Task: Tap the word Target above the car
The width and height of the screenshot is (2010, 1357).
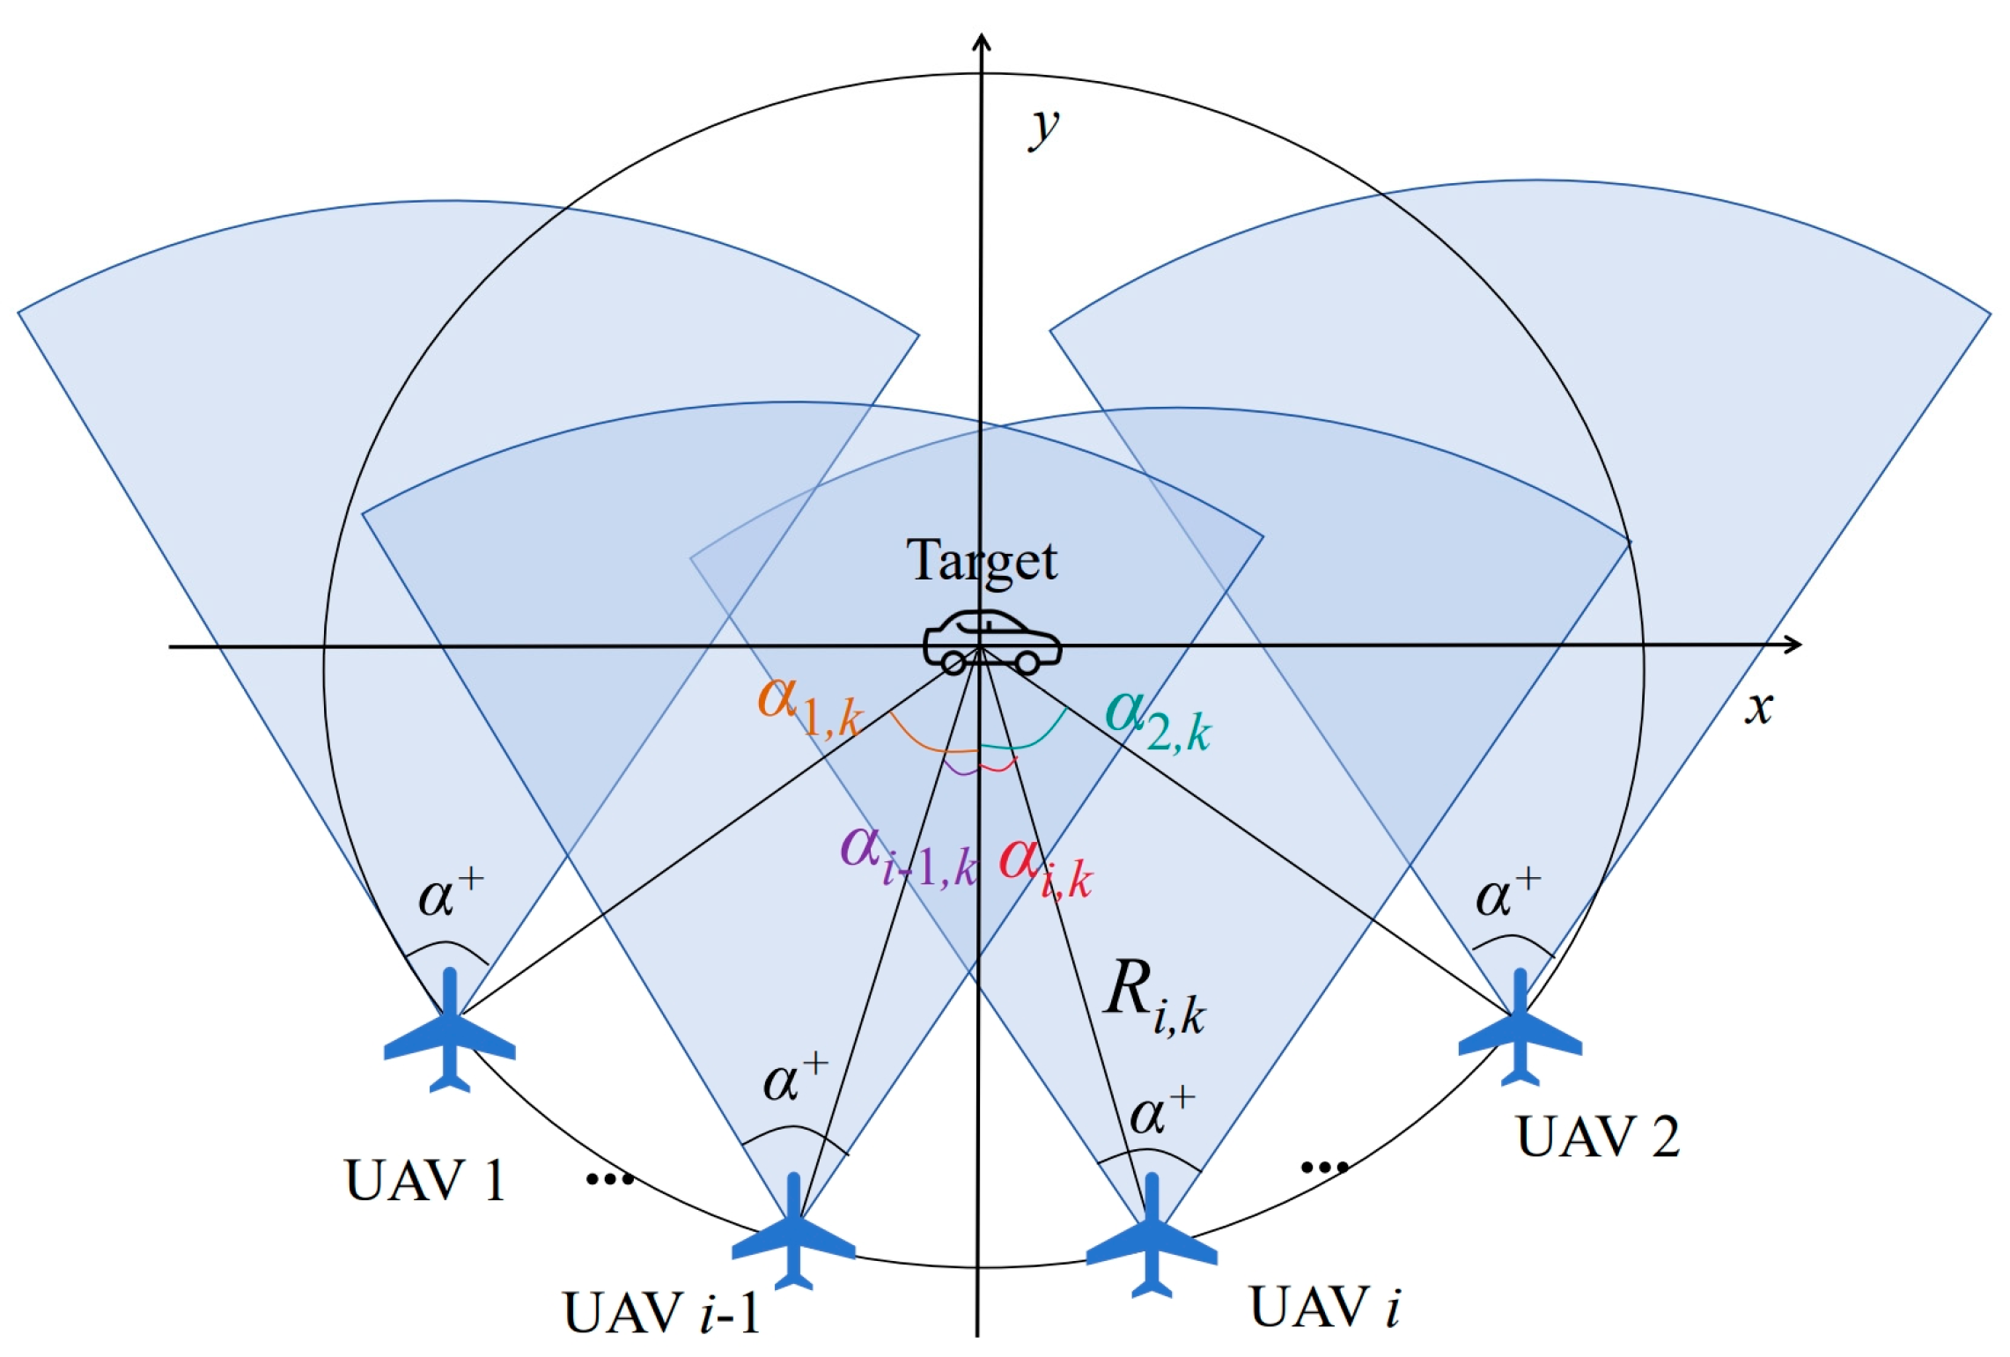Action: point(982,561)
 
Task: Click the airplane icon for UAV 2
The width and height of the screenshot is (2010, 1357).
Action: point(1520,1028)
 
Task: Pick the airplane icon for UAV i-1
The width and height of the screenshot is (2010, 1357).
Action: point(793,1232)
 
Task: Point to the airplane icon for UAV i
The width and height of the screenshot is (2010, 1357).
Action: point(1152,1236)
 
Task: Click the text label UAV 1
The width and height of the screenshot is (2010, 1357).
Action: point(425,1181)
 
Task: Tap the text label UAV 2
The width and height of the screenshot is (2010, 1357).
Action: point(1598,1137)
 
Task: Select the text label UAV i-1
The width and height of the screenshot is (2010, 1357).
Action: point(661,1314)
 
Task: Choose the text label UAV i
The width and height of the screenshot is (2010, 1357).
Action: point(1324,1307)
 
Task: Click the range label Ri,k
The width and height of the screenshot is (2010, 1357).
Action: point(1153,995)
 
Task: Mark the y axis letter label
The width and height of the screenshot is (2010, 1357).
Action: point(1045,129)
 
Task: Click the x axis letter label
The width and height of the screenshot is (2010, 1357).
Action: point(1758,708)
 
